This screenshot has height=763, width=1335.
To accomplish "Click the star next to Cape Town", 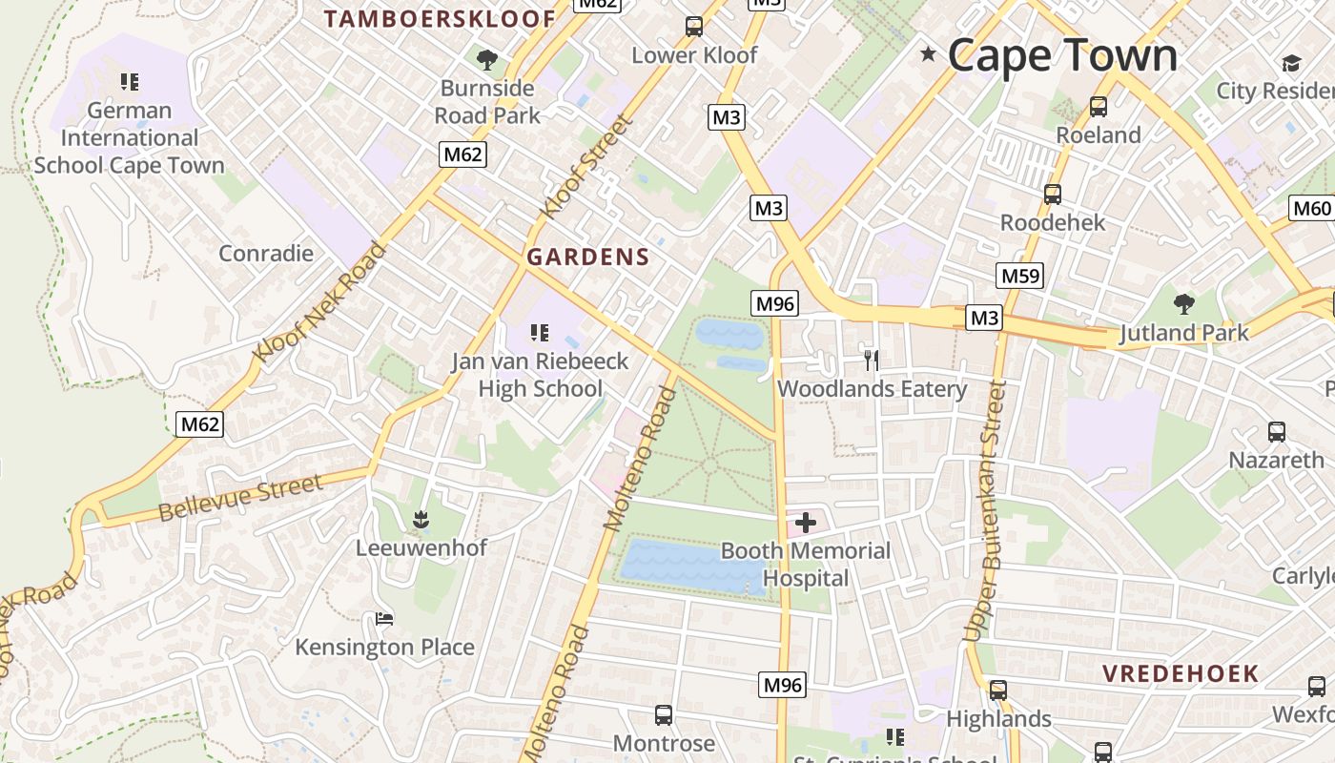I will [928, 54].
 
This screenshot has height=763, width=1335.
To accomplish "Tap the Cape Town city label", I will [1062, 54].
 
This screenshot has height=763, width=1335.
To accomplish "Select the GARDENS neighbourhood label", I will [588, 257].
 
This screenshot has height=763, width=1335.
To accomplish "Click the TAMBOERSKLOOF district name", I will [440, 18].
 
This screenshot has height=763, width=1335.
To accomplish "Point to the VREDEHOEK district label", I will [1181, 673].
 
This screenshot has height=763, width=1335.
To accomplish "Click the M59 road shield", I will [1020, 277].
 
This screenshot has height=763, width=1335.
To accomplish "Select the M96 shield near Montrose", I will [783, 684].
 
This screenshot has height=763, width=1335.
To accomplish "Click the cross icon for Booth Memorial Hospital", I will [806, 522].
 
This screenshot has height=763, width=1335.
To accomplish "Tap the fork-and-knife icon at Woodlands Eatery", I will [871, 360].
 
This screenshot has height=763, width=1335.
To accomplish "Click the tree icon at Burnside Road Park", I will [487, 61].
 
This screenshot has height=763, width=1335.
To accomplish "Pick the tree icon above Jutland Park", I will [1183, 305].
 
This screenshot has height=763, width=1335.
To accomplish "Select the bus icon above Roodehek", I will [1053, 195].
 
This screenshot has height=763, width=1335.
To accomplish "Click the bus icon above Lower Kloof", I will [694, 27].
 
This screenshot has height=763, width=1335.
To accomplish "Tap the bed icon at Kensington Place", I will [384, 620].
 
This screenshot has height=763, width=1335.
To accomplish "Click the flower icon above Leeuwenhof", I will [421, 520].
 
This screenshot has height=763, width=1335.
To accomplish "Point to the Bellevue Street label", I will [240, 498].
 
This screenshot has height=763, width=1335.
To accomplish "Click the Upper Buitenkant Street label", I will [987, 510].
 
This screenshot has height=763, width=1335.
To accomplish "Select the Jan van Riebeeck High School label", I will [540, 375].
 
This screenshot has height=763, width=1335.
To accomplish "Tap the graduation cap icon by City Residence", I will [1291, 63].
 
